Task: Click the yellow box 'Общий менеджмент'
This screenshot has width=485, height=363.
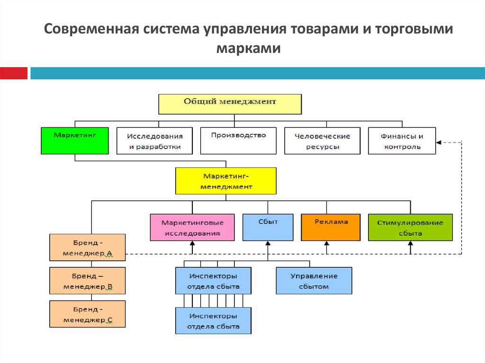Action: point(230,104)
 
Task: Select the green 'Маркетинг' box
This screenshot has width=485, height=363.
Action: point(75,141)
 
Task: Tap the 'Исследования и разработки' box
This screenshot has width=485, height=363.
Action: point(155,141)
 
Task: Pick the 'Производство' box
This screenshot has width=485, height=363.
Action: point(239,141)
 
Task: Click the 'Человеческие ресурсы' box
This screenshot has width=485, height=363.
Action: point(322,141)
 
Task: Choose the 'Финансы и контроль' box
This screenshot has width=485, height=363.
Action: point(402,141)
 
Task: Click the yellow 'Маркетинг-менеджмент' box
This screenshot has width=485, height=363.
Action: point(226,181)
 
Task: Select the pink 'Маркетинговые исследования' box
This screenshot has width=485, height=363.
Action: point(192,227)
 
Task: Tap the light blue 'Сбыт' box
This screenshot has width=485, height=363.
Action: point(268,227)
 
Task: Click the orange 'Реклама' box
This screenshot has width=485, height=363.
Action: point(331,227)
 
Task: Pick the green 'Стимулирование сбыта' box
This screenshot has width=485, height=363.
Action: point(410,227)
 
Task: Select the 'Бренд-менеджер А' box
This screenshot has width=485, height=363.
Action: point(88,248)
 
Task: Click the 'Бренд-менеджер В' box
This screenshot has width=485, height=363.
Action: point(88,281)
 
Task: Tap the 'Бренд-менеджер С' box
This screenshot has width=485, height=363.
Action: point(88,314)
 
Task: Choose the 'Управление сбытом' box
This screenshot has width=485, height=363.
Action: point(314,281)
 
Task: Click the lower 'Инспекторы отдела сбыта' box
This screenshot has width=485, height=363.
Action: point(214,320)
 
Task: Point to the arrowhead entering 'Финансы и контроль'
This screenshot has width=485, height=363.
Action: point(439,142)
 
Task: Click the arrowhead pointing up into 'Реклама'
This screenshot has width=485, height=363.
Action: point(327,243)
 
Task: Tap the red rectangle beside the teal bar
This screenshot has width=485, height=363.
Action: point(14,73)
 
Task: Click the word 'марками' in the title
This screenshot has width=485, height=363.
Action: point(248,48)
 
